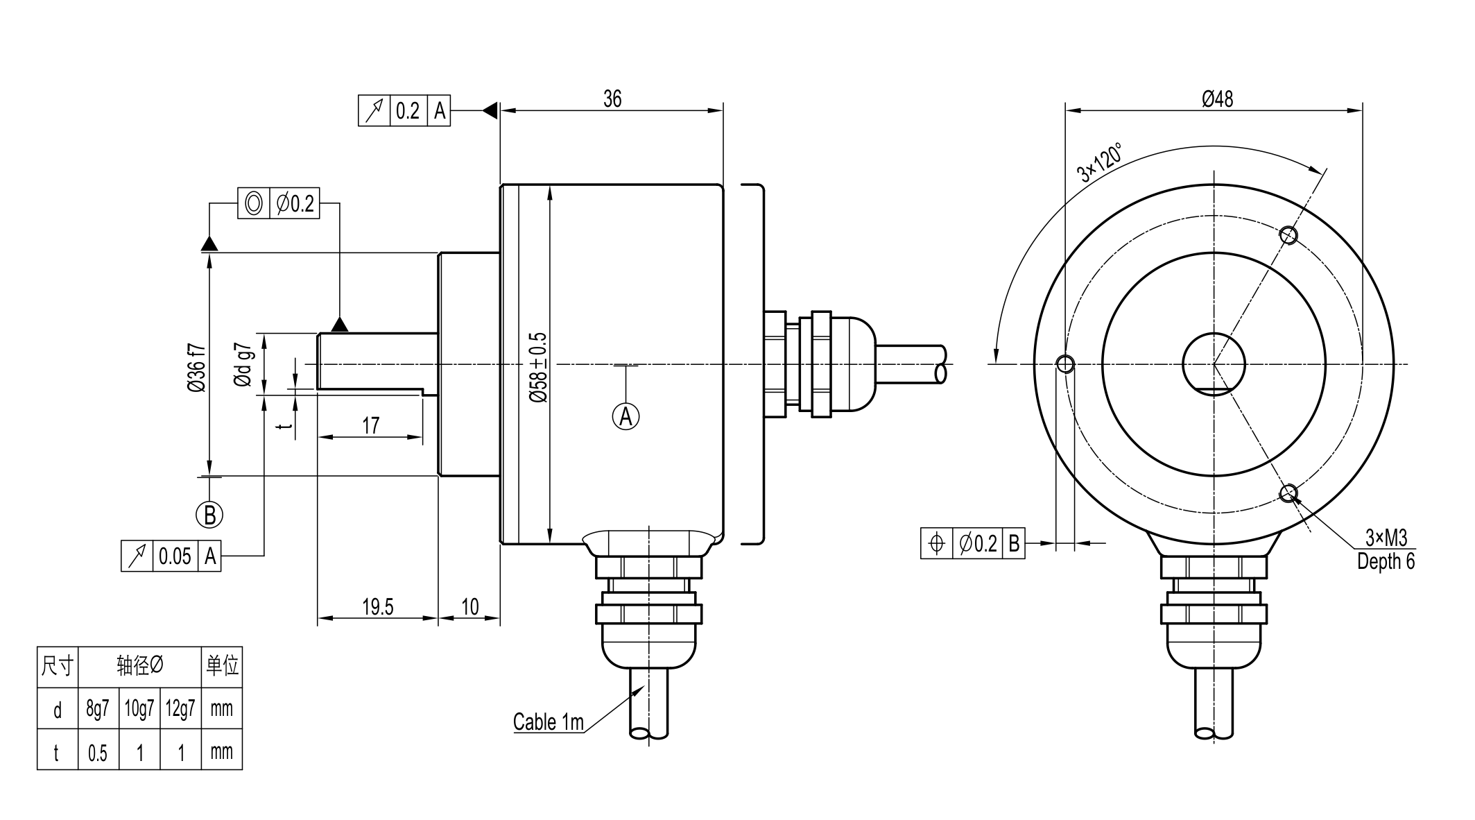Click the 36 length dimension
612,99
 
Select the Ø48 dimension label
1218,99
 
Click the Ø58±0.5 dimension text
539,367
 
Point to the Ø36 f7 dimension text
197,367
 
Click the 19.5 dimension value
377,607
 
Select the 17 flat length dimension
371,425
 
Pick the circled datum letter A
626,417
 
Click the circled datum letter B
209,515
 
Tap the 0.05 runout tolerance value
175,556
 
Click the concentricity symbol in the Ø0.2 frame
254,203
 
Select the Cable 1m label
548,722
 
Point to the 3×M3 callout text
1386,538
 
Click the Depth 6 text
1386,561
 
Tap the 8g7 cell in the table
98,708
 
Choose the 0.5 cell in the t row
98,753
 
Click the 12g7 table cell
180,708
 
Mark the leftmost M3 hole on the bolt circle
1065,364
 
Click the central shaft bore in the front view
1214,364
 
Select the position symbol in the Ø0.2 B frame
936,543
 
